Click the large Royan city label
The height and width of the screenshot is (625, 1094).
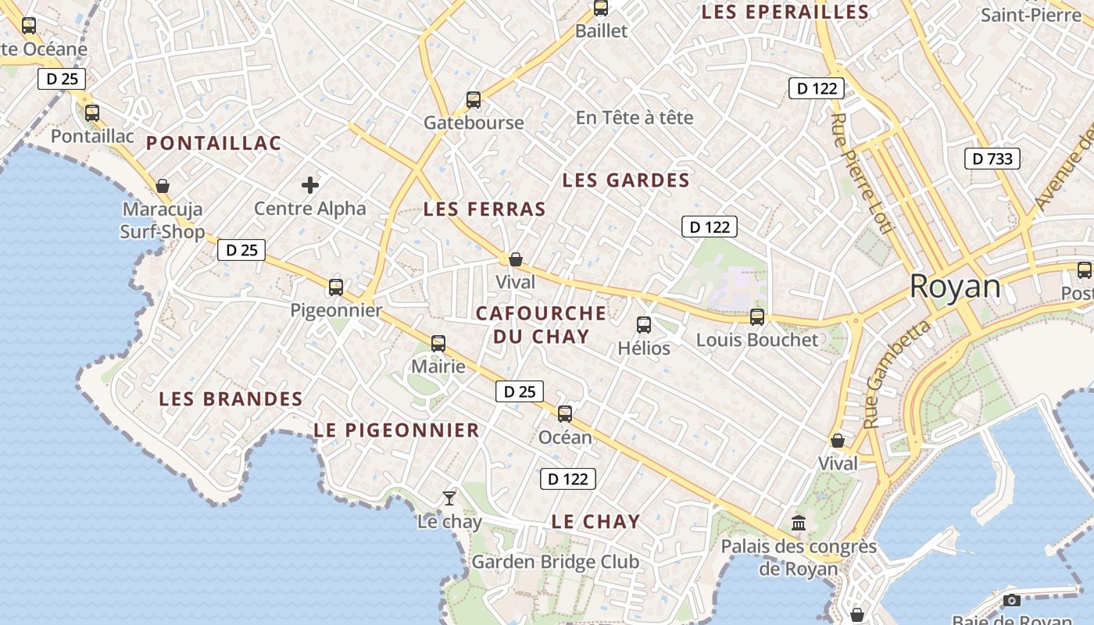click(955, 287)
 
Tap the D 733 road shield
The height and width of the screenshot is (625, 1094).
click(992, 159)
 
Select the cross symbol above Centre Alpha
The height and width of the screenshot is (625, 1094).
click(310, 185)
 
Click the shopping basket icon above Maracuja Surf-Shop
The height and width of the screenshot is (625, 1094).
click(163, 186)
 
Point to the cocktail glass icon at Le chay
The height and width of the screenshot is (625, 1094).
click(449, 498)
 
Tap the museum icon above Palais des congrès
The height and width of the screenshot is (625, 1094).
click(799, 523)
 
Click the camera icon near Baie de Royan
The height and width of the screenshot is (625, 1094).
click(1012, 600)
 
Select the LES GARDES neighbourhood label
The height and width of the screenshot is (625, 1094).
click(626, 180)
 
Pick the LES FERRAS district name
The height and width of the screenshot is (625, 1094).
click(484, 209)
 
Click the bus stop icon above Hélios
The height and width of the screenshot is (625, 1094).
click(644, 324)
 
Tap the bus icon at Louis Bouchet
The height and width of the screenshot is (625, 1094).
click(756, 316)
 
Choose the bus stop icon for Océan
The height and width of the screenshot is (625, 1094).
click(565, 413)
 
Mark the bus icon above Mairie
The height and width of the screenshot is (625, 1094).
click(438, 343)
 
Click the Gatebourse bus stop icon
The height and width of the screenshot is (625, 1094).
click(474, 99)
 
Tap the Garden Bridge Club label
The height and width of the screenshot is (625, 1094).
click(555, 562)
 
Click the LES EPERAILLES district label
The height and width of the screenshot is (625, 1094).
click(785, 12)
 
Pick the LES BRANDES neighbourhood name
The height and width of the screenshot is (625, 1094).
click(231, 398)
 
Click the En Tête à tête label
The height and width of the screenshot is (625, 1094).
click(635, 117)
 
